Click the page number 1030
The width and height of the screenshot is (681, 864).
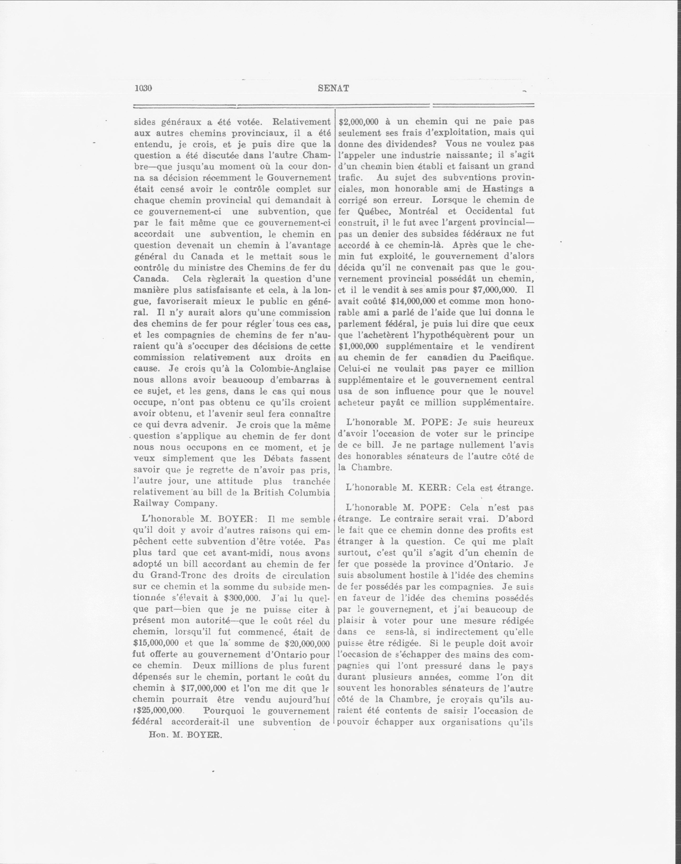[x=143, y=88]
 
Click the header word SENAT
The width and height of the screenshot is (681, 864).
[x=334, y=88]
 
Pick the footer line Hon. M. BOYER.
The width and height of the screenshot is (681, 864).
[x=185, y=735]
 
